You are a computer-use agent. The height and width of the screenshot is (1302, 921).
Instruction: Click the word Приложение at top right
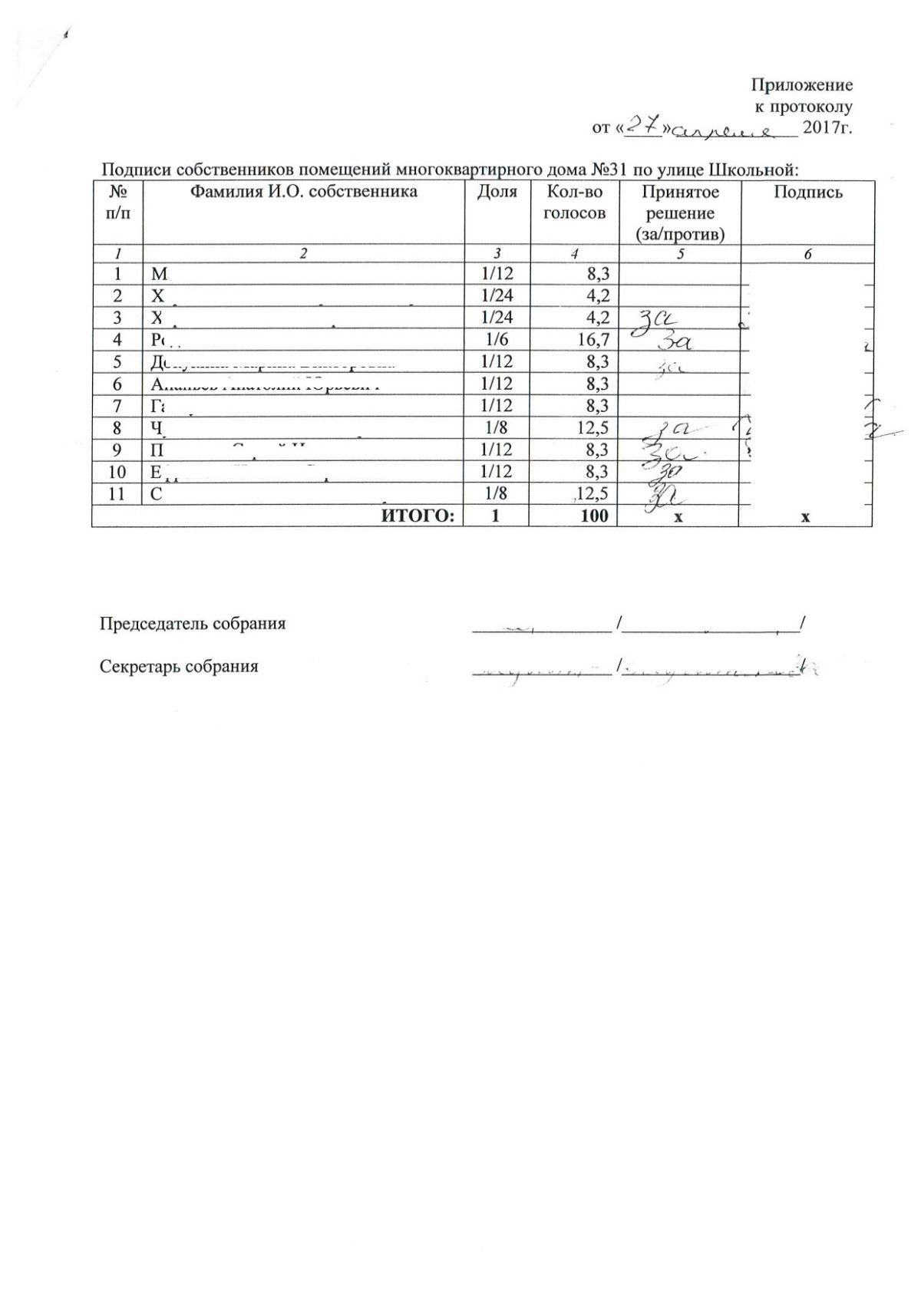coord(801,84)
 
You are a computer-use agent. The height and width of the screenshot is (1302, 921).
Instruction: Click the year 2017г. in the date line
coord(827,128)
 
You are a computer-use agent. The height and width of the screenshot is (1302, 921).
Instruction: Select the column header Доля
coord(497,192)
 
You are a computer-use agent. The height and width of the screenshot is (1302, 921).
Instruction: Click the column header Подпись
coord(807,192)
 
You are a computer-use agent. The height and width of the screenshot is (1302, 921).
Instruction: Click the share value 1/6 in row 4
coord(497,339)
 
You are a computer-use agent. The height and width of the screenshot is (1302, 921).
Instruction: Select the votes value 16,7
coord(593,339)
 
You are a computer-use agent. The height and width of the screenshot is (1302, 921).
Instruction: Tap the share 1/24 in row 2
coord(497,295)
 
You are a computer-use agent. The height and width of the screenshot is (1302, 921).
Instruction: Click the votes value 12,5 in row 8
coord(593,427)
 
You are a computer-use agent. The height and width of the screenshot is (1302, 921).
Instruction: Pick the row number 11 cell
coord(117,493)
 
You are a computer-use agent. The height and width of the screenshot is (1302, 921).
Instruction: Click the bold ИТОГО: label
coord(418,516)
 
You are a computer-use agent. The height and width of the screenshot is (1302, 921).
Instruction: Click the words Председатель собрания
coord(193,624)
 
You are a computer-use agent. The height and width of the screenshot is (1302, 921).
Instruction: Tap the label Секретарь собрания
coord(179,666)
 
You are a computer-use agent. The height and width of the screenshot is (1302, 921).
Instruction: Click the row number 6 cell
coord(117,384)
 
